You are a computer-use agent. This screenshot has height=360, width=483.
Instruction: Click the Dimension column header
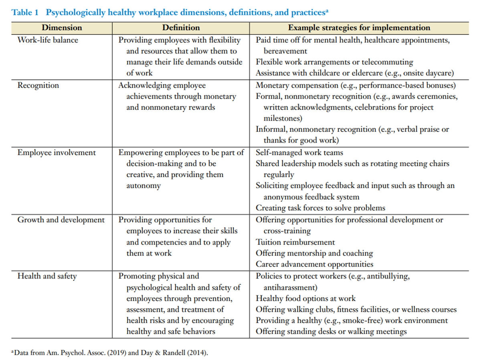(62, 28)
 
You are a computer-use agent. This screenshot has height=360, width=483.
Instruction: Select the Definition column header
(181, 28)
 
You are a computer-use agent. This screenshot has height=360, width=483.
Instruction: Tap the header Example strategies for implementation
(359, 28)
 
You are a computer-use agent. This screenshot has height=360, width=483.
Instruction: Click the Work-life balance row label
(48, 40)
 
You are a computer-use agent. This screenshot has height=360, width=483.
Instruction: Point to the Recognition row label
(38, 85)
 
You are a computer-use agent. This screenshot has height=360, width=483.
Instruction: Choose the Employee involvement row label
(57, 152)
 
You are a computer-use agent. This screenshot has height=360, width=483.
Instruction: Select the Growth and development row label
(61, 220)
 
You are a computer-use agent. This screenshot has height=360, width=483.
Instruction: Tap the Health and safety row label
(47, 276)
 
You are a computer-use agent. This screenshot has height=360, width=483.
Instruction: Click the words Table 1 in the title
(25, 12)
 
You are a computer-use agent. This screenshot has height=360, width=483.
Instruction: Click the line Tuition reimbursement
(295, 242)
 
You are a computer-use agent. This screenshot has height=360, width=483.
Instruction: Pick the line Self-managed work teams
(299, 152)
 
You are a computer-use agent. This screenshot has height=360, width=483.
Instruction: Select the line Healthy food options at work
(305, 298)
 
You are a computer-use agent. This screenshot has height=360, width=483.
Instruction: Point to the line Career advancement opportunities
(314, 264)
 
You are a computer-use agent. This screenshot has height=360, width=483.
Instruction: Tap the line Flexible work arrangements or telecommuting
(334, 62)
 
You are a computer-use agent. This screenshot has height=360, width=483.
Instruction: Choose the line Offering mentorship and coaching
(314, 253)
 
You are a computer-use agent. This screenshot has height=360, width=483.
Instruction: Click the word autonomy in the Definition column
(143, 186)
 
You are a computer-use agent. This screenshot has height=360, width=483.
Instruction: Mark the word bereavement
(285, 51)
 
